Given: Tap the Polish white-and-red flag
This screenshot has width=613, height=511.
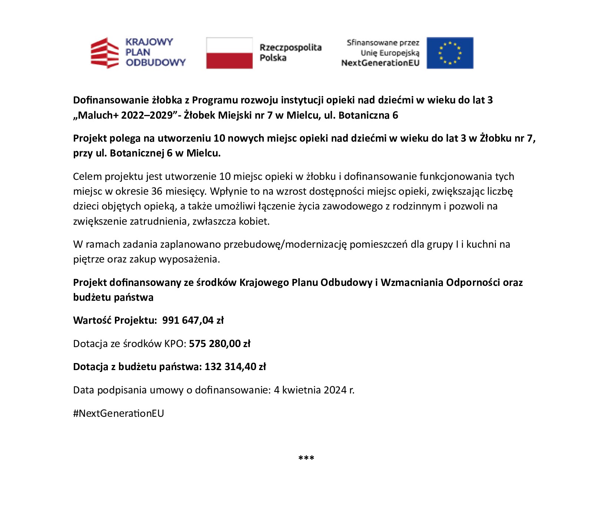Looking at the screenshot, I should pos(229,53).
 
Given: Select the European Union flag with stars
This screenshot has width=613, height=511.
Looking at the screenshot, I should pos(450,53).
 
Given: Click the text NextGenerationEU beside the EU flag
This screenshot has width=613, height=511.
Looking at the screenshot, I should pos(380,63).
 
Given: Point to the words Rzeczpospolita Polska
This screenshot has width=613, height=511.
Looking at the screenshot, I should pos(290,53).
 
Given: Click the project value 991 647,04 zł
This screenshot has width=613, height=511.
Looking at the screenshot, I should pos(193,320).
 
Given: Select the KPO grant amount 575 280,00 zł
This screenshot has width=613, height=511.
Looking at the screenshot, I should pos(219,343).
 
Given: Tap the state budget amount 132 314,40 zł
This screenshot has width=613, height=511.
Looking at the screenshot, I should pos(235,367).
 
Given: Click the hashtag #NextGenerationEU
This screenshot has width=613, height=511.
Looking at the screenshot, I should pos(118,413).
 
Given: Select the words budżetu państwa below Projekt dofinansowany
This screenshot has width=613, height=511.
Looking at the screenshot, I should pos(113,297).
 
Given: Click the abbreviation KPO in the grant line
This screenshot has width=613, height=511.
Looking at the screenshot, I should pos(174,343).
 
